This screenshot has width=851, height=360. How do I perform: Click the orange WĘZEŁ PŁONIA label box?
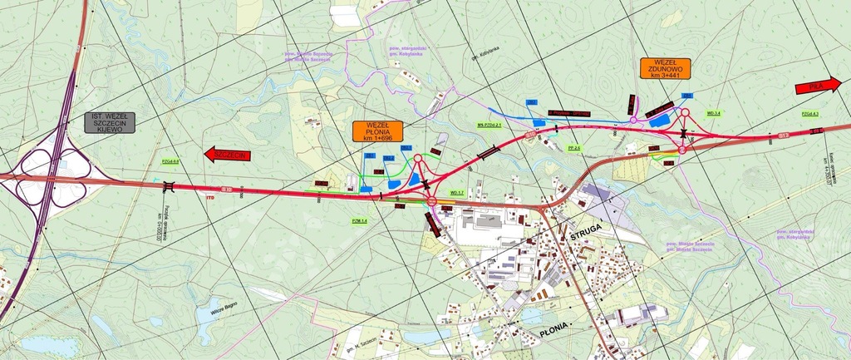[377, 131]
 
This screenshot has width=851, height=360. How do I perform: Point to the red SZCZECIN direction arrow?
[227, 155]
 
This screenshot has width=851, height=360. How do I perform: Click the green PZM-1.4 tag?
[359, 220]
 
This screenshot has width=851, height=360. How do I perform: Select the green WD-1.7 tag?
[455, 193]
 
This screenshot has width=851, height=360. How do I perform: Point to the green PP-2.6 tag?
[573, 148]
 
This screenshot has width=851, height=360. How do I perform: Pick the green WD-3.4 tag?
[713, 112]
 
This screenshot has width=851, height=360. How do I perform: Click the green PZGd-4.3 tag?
[810, 113]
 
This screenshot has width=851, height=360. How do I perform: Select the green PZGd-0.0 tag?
[170, 162]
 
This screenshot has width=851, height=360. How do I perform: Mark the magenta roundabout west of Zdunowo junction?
[633, 121]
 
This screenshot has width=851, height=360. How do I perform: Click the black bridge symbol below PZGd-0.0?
[170, 185]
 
